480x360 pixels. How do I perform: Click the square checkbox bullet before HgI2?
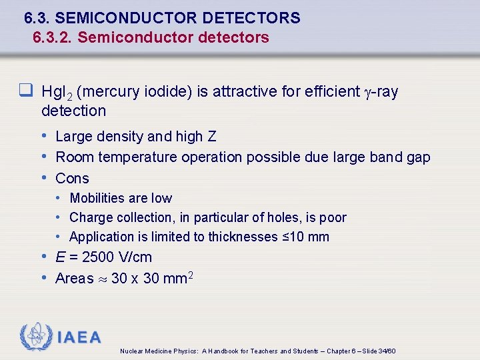[x=27, y=91]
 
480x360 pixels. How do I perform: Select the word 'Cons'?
[x=72, y=178]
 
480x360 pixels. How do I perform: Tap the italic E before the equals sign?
[x=61, y=257]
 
